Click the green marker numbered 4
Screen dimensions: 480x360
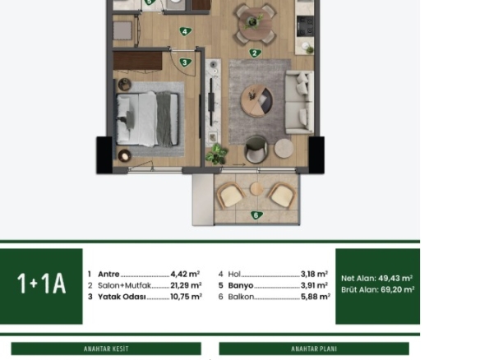tap(185, 31)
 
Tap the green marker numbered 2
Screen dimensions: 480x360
tap(255, 53)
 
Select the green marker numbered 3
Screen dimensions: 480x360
tap(185, 62)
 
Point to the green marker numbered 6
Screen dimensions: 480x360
tap(256, 215)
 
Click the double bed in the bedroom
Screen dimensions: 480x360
tap(147, 119)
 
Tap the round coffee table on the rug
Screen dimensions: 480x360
tap(256, 101)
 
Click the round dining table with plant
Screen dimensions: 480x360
tap(255, 24)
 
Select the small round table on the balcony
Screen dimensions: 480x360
tap(256, 189)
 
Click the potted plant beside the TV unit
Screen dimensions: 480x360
tap(217, 155)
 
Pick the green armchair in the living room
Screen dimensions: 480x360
tap(256, 150)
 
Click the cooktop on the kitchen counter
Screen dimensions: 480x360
tap(305, 26)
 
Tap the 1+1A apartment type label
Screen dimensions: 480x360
tap(41, 284)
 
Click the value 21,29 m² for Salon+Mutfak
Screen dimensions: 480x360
tap(186, 285)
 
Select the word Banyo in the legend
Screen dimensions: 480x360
tap(241, 285)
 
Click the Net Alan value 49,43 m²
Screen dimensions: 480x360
tap(395, 279)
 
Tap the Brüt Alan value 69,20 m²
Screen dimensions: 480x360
tap(398, 289)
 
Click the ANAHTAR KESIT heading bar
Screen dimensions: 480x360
tap(106, 348)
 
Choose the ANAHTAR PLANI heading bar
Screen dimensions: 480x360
tap(314, 348)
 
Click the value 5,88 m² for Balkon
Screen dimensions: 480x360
tap(316, 297)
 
